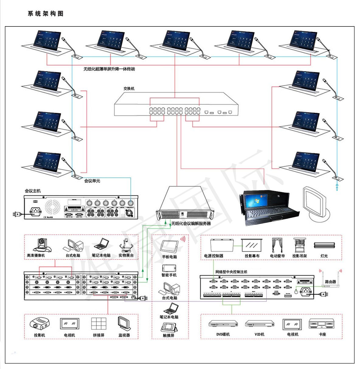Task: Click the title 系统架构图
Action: [46, 14]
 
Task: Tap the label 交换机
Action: [129, 89]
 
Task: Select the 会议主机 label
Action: [33, 191]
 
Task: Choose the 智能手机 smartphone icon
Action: [169, 268]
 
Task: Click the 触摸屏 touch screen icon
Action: [169, 327]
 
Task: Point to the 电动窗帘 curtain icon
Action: [277, 245]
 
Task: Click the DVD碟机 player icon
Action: [223, 324]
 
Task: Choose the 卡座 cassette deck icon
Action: [322, 323]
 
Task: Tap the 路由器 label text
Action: [330, 282]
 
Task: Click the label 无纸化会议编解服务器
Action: [191, 224]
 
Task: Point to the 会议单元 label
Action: [92, 181]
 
